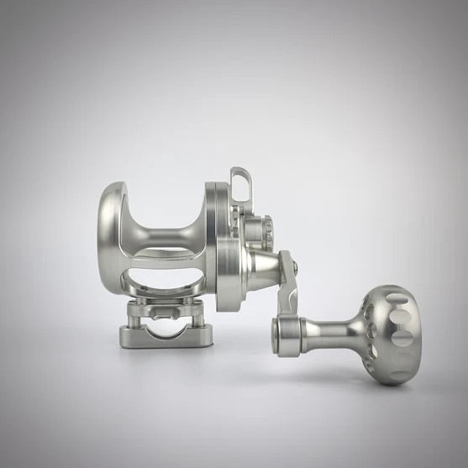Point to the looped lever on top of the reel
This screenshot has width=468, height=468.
(x=240, y=184)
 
